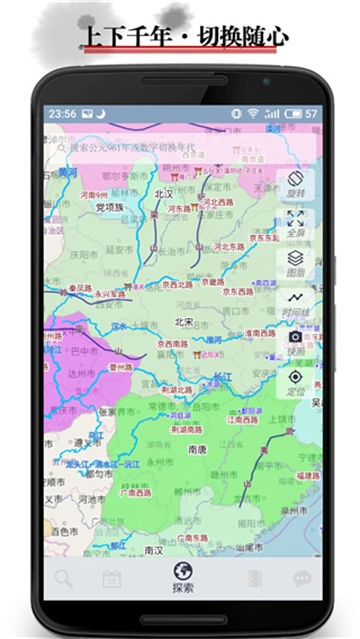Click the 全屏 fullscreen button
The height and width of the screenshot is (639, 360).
(x=295, y=221)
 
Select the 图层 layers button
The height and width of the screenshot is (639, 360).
(x=295, y=262)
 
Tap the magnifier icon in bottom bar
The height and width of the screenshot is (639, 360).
(x=64, y=577)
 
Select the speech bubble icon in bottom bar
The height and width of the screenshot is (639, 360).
(x=301, y=578)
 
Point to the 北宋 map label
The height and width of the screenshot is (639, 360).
(x=183, y=322)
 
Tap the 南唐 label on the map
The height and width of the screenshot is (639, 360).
(x=197, y=451)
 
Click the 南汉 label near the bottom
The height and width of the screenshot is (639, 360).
(x=153, y=550)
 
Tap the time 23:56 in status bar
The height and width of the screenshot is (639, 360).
(x=62, y=113)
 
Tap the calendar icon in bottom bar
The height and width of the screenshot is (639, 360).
(x=111, y=578)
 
